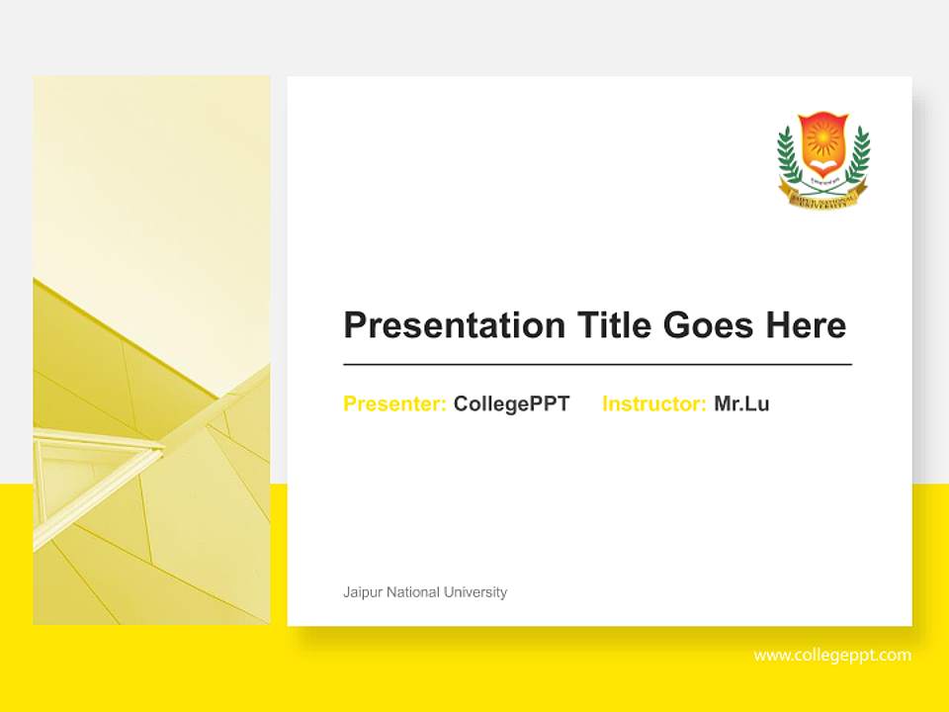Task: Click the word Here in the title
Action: point(807,325)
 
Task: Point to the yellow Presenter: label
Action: point(394,403)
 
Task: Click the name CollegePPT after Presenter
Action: point(511,403)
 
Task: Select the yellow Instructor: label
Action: point(653,403)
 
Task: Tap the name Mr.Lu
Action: point(741,403)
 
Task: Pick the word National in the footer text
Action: point(413,592)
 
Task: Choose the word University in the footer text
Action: point(475,592)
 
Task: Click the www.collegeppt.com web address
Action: point(832,655)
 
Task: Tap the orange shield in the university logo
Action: point(823,143)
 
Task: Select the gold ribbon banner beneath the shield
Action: point(823,196)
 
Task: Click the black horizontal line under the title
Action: point(597,364)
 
